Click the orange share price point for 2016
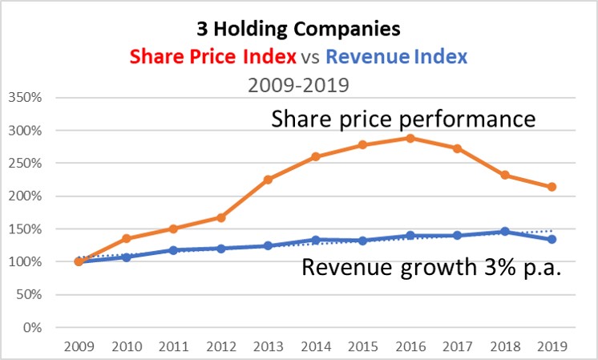click(411, 138)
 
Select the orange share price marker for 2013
click(267, 180)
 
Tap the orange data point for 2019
click(552, 187)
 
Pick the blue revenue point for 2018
click(505, 232)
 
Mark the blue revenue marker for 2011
click(172, 250)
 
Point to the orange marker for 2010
click(125, 238)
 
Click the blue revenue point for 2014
click(315, 240)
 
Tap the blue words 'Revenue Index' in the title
click(397, 56)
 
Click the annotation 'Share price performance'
click(402, 119)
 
